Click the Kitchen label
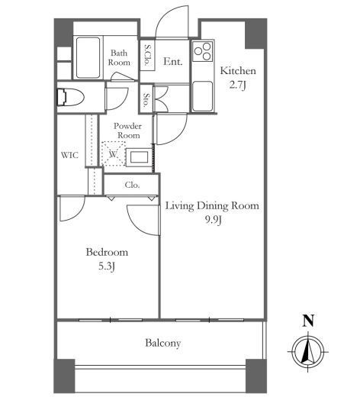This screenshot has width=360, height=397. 238,70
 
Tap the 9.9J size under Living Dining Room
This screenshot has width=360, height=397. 214,220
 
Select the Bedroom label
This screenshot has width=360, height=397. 107,252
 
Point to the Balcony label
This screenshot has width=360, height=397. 163,343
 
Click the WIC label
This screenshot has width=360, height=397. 69,155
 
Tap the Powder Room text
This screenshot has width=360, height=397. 128,131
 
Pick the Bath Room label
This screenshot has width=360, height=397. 119,57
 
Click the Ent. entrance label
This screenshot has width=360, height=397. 173,61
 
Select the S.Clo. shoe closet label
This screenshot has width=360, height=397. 147,55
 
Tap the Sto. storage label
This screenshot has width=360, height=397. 146,99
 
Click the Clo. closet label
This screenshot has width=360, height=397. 132,185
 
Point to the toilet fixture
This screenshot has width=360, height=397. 70,97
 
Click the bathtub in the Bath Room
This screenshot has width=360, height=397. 88,58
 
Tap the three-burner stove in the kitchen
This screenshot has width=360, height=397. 203,51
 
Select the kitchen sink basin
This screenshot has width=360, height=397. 202,96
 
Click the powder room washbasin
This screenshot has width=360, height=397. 139,157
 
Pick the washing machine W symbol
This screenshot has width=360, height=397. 113,154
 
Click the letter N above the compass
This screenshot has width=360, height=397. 308,321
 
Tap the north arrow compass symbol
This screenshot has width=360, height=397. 308,352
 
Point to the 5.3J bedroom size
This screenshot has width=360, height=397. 107,266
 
